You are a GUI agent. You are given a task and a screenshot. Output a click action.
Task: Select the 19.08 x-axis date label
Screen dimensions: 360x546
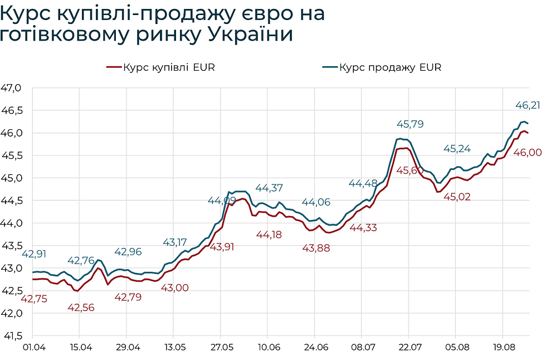coord(503,347)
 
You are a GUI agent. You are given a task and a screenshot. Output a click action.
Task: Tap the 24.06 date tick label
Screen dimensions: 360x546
coord(315,347)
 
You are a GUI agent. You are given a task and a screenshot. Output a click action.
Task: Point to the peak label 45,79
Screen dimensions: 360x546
coord(409,124)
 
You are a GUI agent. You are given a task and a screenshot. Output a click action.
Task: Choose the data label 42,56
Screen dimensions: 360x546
coord(81,308)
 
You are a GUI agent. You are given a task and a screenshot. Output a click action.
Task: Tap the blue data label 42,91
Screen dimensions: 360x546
coord(35,254)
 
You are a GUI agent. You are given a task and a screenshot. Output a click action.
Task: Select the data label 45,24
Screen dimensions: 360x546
coord(457,148)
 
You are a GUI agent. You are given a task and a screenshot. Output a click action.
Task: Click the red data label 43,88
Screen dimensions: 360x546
coord(316,248)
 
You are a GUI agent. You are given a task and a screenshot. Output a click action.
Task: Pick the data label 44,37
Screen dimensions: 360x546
coord(269,188)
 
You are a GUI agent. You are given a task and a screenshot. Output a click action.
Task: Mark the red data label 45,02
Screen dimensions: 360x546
coord(457,196)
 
